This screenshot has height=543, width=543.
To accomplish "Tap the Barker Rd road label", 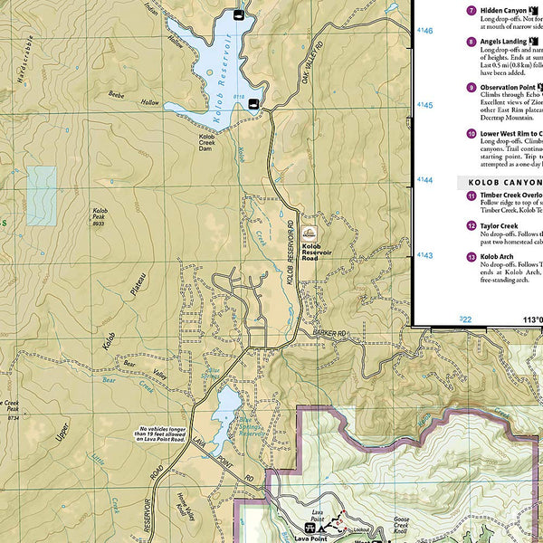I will click(x=329, y=334).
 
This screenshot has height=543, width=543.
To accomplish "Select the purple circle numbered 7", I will click(x=471, y=11).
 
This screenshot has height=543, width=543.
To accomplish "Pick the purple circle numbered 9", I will click(x=471, y=88).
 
